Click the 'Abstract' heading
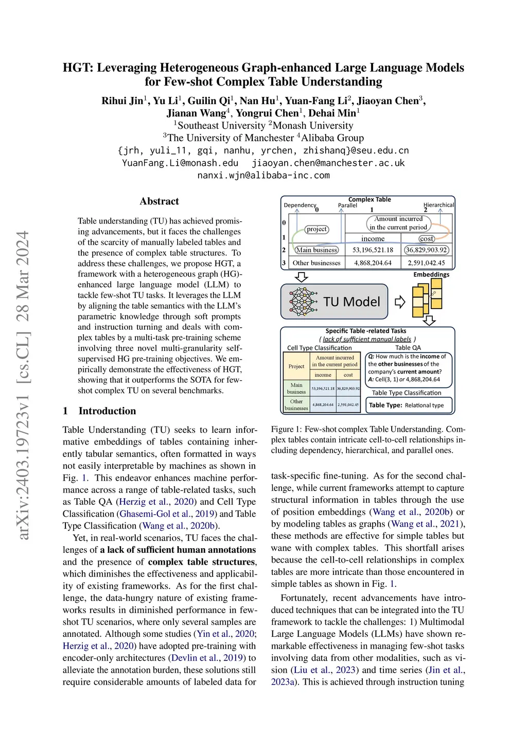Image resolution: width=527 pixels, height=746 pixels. [159, 201]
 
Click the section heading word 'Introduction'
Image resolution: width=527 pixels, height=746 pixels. [107, 411]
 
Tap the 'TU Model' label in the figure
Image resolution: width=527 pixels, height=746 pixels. [352, 302]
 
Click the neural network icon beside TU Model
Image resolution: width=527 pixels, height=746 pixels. [303, 301]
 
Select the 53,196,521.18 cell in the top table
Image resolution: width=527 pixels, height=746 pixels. [373, 250]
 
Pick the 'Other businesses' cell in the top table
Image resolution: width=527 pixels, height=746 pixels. [317, 263]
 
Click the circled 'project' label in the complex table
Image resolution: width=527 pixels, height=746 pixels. [317, 229]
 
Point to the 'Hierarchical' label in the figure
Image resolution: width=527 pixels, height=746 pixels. [438, 205]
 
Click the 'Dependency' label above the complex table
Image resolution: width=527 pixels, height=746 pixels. [300, 205]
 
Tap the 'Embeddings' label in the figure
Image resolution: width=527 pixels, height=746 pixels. [431, 275]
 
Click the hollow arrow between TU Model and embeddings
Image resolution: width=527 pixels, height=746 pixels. [399, 302]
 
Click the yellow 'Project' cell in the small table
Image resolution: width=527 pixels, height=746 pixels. [296, 366]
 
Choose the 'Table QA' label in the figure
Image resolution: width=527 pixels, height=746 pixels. [408, 348]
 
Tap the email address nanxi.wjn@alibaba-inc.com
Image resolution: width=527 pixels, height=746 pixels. [263, 175]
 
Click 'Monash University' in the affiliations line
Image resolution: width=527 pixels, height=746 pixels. [312, 126]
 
